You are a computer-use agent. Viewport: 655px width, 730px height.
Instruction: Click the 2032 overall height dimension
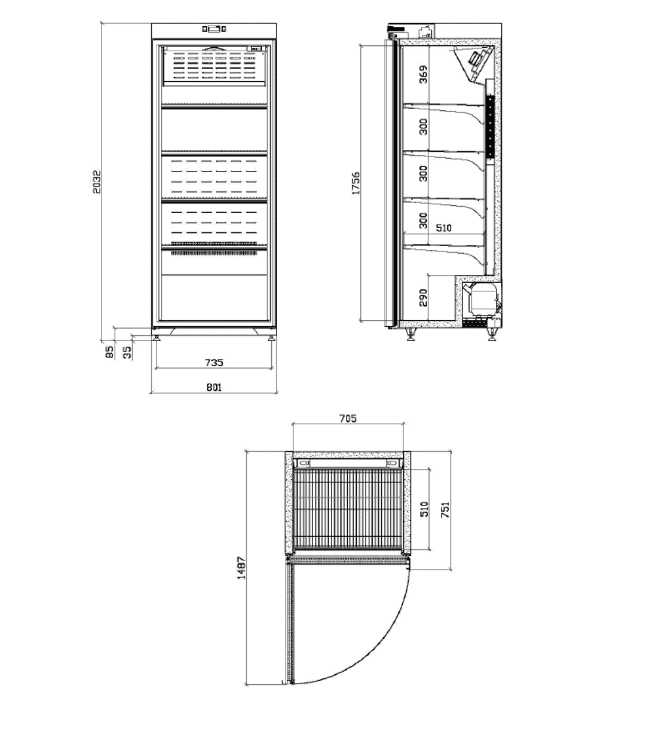pos(96,181)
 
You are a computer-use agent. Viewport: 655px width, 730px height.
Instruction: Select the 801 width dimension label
pos(214,387)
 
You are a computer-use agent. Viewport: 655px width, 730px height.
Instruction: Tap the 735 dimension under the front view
pos(214,362)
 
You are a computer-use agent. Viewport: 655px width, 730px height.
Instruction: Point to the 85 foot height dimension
pos(109,352)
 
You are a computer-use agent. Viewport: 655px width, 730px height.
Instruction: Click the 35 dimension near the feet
pos(127,353)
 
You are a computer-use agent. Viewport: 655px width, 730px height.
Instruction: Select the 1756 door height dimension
pos(356,183)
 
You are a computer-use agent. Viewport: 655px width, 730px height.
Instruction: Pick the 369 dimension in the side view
pos(423,74)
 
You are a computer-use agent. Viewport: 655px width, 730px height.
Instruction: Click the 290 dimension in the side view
pos(423,298)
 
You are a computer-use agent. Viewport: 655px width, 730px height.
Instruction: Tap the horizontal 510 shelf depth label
pos(443,228)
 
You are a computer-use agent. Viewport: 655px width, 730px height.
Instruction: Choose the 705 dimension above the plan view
pos(348,418)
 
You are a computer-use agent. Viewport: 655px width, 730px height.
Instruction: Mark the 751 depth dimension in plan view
pos(445,510)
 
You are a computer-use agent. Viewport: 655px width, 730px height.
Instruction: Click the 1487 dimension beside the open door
pos(241,568)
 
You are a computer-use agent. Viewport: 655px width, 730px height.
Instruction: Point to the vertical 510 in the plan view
pos(424,509)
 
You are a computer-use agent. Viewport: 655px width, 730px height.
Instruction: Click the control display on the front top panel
pos(214,29)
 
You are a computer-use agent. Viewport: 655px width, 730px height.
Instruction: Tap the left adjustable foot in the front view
pos(157,336)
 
